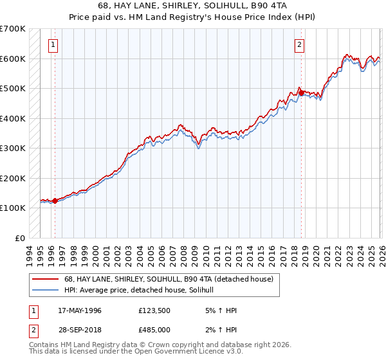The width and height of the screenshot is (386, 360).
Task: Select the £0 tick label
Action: coord(20,238)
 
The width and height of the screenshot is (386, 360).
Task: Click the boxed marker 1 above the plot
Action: coord(53,44)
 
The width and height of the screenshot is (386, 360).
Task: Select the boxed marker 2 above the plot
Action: coord(300,44)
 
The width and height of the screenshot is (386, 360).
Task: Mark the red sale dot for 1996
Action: coord(55,201)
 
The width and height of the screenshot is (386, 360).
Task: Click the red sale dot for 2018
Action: coord(301,93)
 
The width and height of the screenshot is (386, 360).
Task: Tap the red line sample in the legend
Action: coord(45,279)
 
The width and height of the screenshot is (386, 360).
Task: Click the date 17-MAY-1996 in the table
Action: coord(80,310)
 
